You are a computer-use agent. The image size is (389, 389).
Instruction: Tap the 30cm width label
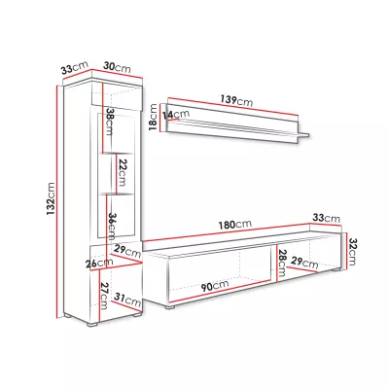(117, 67)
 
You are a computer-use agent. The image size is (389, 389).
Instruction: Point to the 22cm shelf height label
(122, 172)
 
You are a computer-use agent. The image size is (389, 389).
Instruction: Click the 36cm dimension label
(112, 227)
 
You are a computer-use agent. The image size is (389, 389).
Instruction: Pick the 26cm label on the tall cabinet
(99, 264)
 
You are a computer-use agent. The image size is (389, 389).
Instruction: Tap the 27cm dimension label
(104, 296)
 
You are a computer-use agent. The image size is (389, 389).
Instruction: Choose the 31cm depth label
(127, 300)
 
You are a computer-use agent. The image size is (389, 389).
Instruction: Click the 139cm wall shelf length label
(236, 100)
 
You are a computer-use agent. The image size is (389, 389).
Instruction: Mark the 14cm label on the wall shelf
(176, 114)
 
